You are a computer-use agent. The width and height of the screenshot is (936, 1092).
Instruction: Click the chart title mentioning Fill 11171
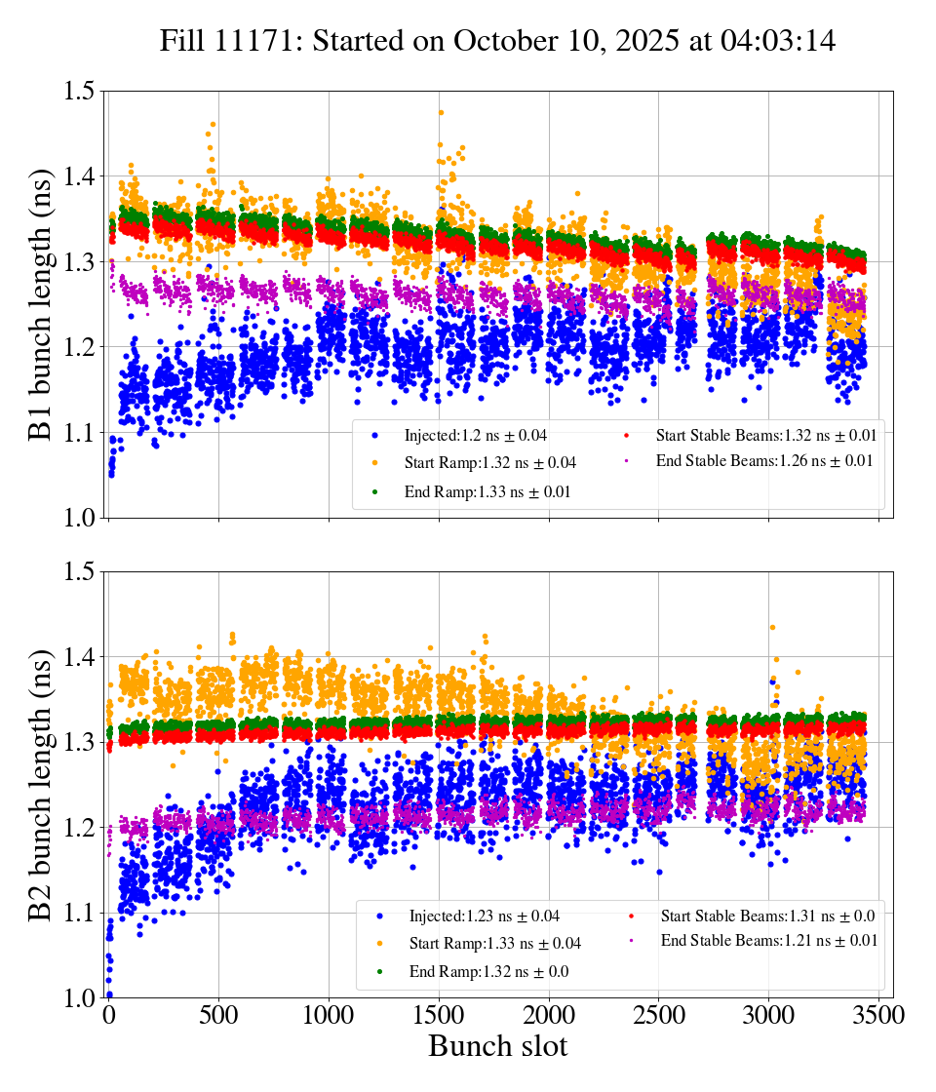[x=497, y=41]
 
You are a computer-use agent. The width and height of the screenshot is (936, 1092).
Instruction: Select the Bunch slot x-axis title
[x=497, y=1047]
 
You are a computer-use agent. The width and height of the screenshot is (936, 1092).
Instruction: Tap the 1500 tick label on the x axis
[x=439, y=1016]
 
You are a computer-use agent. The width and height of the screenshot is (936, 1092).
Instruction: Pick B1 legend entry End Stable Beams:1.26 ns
[x=763, y=460]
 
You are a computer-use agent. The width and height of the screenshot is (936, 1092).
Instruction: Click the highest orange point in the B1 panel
[x=441, y=112]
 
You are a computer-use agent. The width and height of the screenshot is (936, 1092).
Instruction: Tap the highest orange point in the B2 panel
[x=772, y=627]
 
